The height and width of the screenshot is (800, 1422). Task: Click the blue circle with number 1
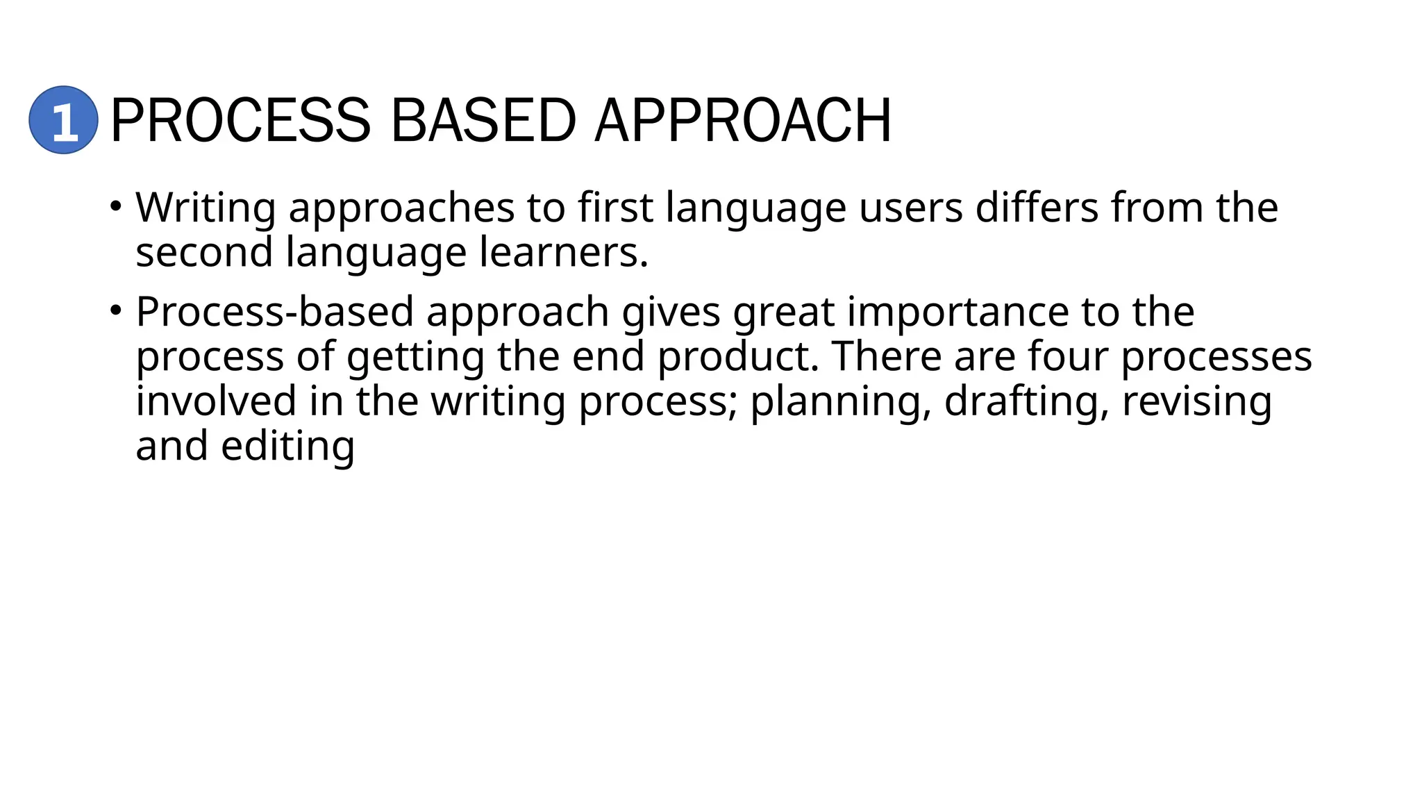tap(63, 120)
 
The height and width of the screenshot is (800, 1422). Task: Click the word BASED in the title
tap(483, 121)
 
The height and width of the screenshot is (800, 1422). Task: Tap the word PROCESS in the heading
tap(241, 121)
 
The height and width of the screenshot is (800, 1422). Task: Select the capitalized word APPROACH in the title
tap(743, 121)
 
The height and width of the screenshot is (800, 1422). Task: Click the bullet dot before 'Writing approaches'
tap(115, 206)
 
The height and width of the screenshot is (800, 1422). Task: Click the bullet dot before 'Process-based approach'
tap(115, 310)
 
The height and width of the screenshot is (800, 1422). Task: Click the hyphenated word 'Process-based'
tap(274, 311)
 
